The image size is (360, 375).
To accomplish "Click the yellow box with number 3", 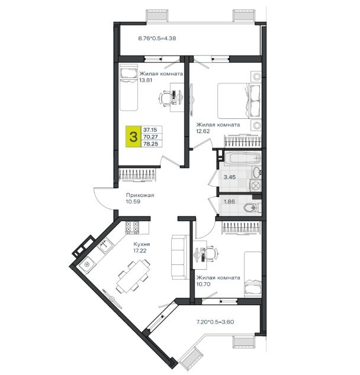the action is [x=133, y=137].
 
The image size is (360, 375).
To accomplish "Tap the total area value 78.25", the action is [x=150, y=144].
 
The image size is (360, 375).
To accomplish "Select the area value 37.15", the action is [x=150, y=130].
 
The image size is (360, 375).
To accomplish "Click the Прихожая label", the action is [x=140, y=195].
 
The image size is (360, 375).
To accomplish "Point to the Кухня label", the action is [x=142, y=244].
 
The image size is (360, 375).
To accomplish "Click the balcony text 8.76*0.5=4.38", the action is [x=157, y=38].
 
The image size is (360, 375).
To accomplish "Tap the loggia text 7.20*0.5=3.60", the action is [x=215, y=322].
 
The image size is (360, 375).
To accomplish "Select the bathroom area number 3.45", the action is [x=230, y=177].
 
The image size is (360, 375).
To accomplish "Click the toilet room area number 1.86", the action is [x=229, y=202].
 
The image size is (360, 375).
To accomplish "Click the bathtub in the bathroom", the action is [x=242, y=158].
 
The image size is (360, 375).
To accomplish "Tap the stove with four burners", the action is [x=132, y=228].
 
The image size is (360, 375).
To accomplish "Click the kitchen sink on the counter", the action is [x=105, y=245].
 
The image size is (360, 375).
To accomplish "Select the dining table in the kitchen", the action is [x=133, y=276].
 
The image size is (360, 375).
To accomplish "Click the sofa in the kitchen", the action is [x=180, y=257].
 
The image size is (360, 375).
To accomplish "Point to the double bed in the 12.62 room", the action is [x=239, y=101].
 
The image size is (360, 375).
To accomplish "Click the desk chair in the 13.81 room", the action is [x=165, y=98].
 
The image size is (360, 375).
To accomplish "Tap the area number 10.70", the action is [x=203, y=284].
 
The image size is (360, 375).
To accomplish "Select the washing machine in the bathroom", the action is [x=255, y=185].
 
